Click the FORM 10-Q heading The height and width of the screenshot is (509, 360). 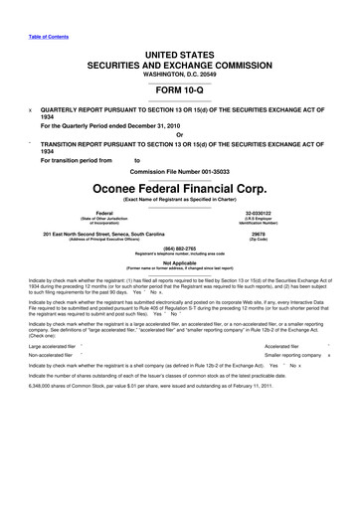180,87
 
